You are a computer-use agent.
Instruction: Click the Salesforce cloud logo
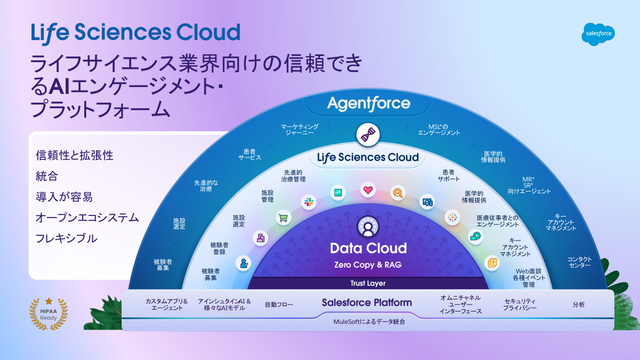598,34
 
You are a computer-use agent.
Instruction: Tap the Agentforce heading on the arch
369,103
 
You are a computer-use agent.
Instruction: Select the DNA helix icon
368,134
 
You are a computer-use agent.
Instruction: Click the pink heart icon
367,189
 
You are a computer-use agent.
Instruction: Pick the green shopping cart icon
283,217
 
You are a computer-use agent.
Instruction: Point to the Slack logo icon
308,202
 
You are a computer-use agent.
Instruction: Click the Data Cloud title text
368,248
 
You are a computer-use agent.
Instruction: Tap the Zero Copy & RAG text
368,265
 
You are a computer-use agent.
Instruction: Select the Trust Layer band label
368,283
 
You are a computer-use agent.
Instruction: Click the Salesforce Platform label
367,302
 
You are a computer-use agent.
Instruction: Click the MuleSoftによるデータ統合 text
369,322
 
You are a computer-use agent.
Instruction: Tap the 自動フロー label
279,305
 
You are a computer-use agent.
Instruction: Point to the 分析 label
579,305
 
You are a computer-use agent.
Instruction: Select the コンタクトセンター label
580,262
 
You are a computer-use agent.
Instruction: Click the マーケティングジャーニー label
300,130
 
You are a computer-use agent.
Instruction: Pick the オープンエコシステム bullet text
87,218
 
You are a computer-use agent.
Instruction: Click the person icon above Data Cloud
368,227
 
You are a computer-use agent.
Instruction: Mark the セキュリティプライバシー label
519,305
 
